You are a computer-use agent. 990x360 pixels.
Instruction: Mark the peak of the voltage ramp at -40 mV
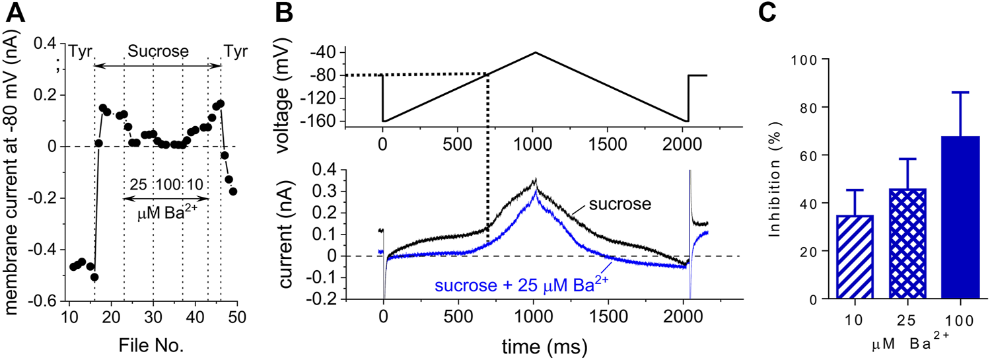536,52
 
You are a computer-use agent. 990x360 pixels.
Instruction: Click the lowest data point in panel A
94,277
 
